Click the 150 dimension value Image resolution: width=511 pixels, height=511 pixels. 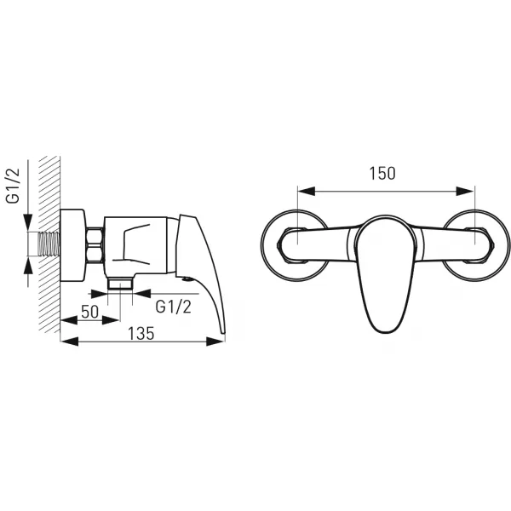coord(382,174)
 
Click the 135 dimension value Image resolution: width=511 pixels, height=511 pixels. coord(141,333)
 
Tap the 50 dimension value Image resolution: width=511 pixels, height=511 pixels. coord(90,312)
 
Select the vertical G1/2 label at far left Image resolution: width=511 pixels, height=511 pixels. coord(14,186)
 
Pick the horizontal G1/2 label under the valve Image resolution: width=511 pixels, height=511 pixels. coord(174,307)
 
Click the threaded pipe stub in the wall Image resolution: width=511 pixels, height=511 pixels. coord(49,244)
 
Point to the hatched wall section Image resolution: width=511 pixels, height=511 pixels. coord(49,244)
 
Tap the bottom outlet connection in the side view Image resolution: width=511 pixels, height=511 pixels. coord(120,284)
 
